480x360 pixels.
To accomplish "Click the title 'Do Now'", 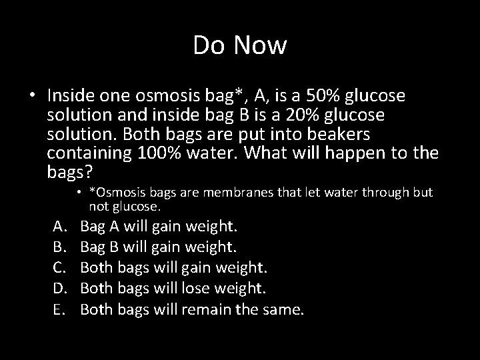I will tap(240, 45).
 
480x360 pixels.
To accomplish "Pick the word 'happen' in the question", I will tap(363, 154).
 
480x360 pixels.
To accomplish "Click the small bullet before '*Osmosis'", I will tap(79, 193).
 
